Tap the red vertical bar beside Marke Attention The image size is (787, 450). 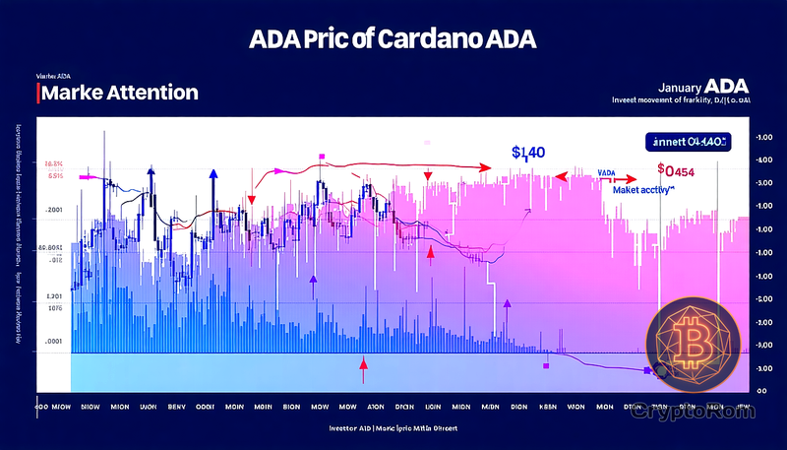click(36, 93)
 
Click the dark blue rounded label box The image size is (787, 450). click(689, 142)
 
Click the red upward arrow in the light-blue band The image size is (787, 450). click(363, 369)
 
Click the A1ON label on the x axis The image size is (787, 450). click(376, 405)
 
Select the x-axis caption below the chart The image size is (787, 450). click(393, 430)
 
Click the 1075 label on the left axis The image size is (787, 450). click(54, 309)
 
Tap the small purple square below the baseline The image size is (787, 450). click(545, 364)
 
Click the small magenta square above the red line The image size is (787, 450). click(322, 157)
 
